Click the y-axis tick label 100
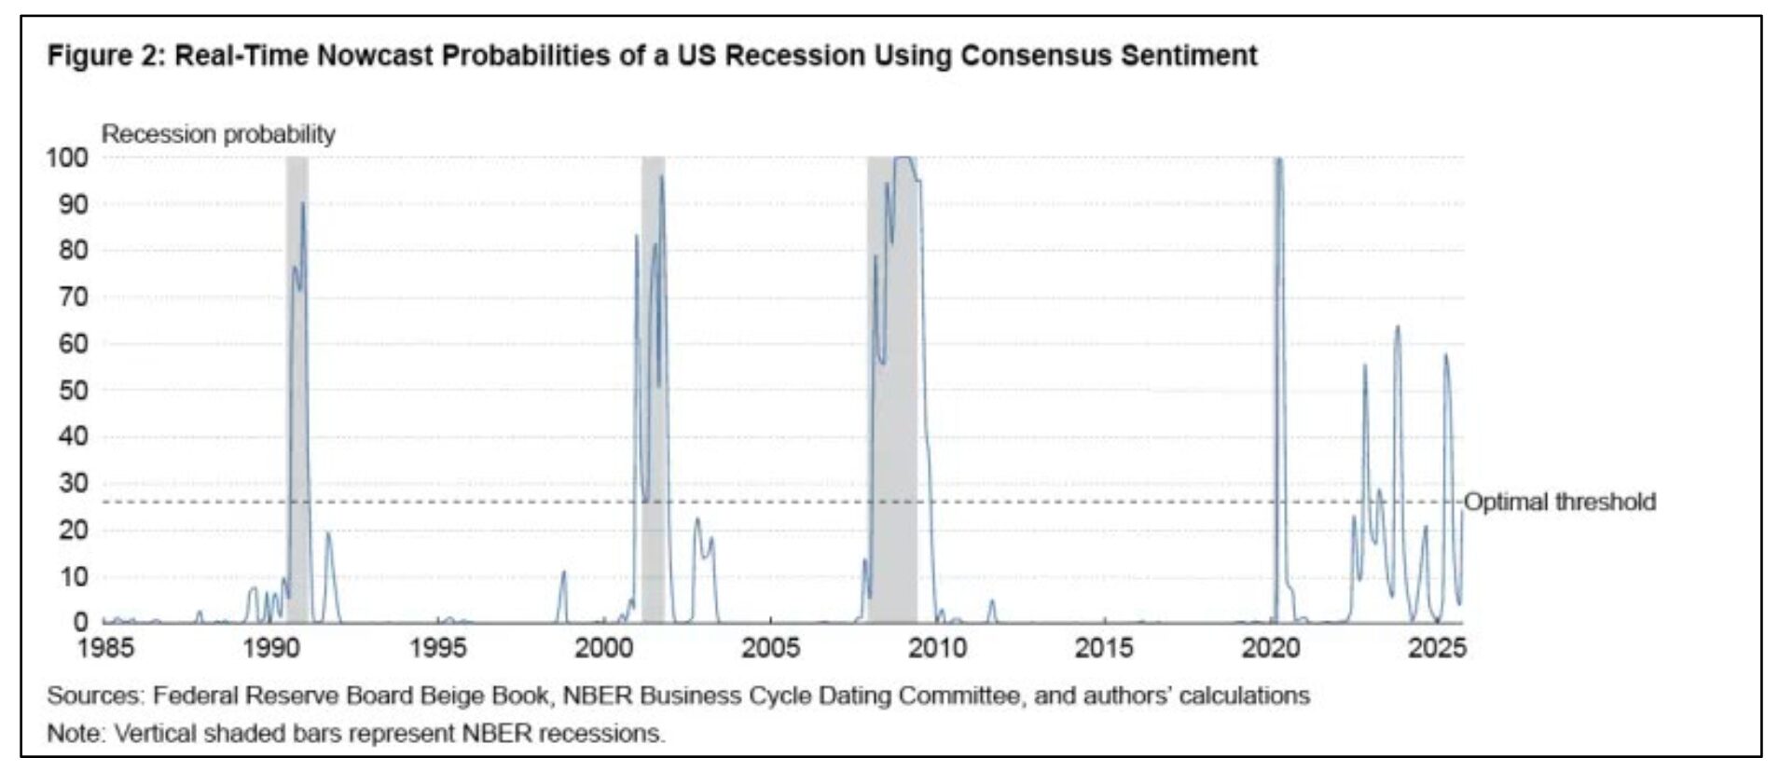(x=67, y=158)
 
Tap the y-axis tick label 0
(x=80, y=622)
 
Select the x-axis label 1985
(x=106, y=648)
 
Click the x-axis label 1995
(x=438, y=648)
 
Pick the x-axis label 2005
(x=770, y=648)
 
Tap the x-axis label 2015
(x=1104, y=648)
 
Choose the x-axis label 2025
(x=1437, y=648)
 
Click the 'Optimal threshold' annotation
(x=1559, y=503)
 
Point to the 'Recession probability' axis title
(x=218, y=134)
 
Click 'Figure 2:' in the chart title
(x=106, y=56)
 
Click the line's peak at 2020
(x=1278, y=160)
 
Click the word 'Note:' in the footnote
(x=76, y=734)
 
